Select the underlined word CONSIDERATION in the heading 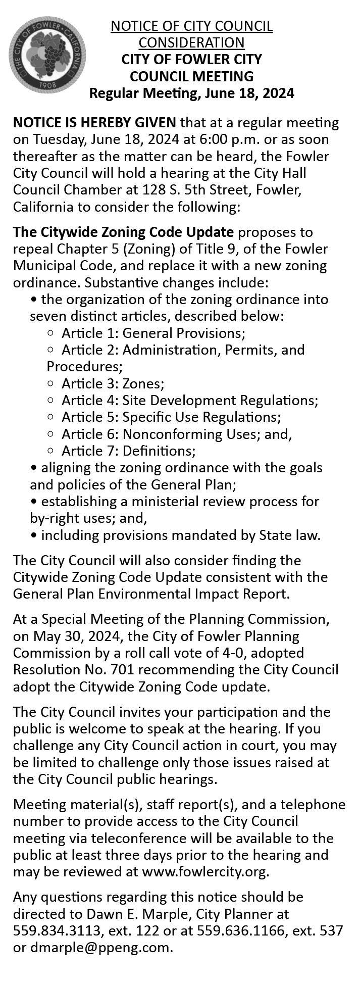191,42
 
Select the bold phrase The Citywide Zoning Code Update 124,232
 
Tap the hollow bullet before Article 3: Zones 50,384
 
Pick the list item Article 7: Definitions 128,451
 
